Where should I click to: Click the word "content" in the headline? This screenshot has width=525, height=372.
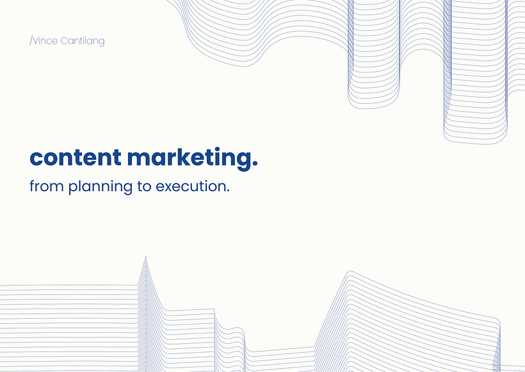pos(76,157)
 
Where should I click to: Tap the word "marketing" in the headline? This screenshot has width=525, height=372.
pos(188,159)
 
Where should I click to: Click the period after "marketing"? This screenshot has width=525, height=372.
pos(254,164)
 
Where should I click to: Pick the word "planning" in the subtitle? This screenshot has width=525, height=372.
pos(101,187)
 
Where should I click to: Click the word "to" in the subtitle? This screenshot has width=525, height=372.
pos(144,187)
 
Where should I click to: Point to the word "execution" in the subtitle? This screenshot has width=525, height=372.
pos(190,186)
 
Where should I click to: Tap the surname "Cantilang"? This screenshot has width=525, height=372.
pos(83,41)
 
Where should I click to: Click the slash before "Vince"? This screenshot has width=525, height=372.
pos(31,41)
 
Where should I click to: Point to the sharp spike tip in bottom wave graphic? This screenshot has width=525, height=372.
pos(145,257)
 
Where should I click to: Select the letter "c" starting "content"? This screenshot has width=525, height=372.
pos(36,158)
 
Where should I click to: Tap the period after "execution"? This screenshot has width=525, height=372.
pos(228,190)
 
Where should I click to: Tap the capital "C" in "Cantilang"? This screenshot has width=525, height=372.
pos(65,41)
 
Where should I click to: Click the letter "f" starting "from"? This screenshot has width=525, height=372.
pos(33,186)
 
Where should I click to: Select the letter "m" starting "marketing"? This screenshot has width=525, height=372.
pos(140,158)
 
